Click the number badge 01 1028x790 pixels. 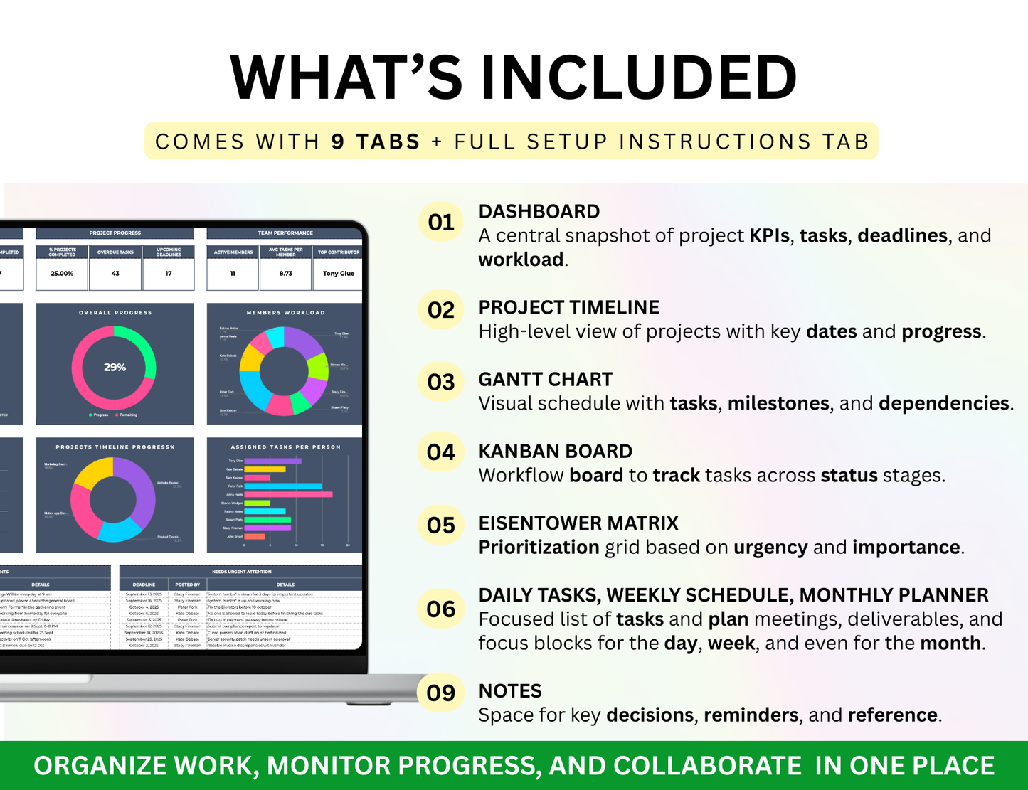pos(440,223)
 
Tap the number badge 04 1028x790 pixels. pos(440,452)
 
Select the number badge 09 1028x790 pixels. pos(440,693)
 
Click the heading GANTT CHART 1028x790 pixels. pos(545,380)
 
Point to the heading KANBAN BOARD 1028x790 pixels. pos(555,452)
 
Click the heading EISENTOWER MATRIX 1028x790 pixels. pos(578,523)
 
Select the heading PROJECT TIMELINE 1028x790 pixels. pos(568,308)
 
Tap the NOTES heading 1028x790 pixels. pos(510,691)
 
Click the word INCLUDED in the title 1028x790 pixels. pos(638,78)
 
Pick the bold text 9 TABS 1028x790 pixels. pos(376,142)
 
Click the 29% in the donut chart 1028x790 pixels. pos(115,368)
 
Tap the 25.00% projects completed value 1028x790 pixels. pos(62,274)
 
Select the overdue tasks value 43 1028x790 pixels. pos(115,274)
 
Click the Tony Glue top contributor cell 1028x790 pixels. pos(338,274)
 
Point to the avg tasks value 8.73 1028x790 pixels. pos(285,274)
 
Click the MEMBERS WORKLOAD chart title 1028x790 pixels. pos(285,313)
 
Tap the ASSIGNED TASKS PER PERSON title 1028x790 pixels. pos(285,447)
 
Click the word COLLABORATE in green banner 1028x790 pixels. pos(707,766)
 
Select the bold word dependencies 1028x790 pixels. pos(943,404)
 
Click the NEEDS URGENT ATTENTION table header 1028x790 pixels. pos(242,572)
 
